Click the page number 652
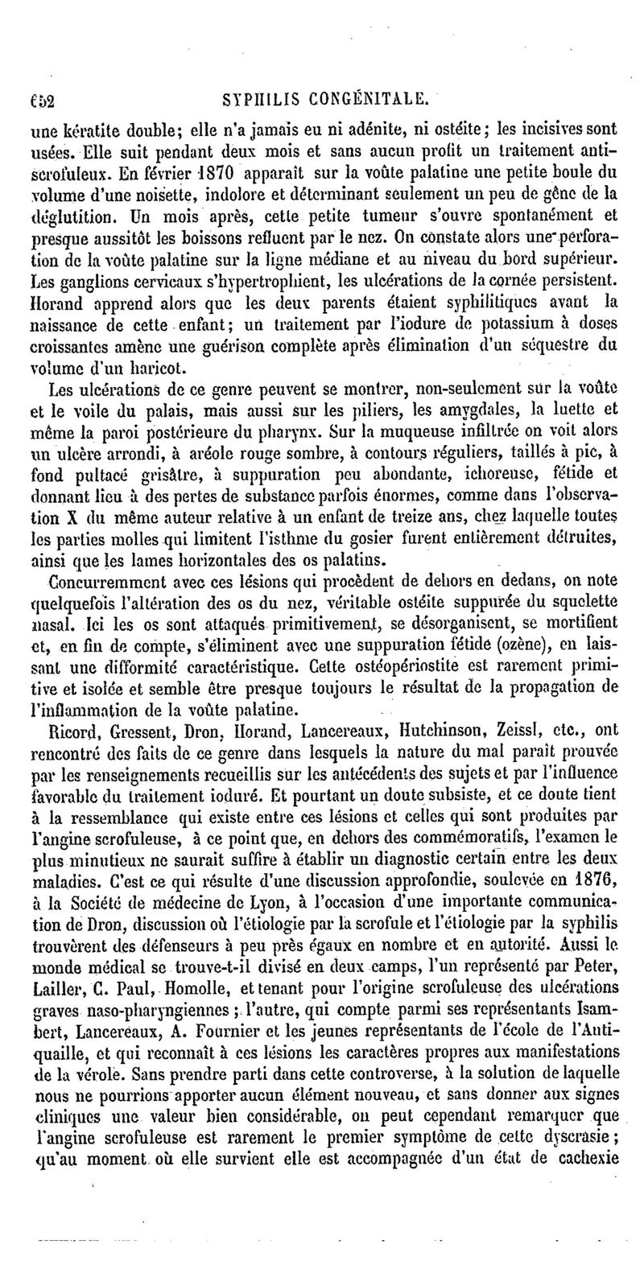(x=52, y=98)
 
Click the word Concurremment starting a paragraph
(x=103, y=579)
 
